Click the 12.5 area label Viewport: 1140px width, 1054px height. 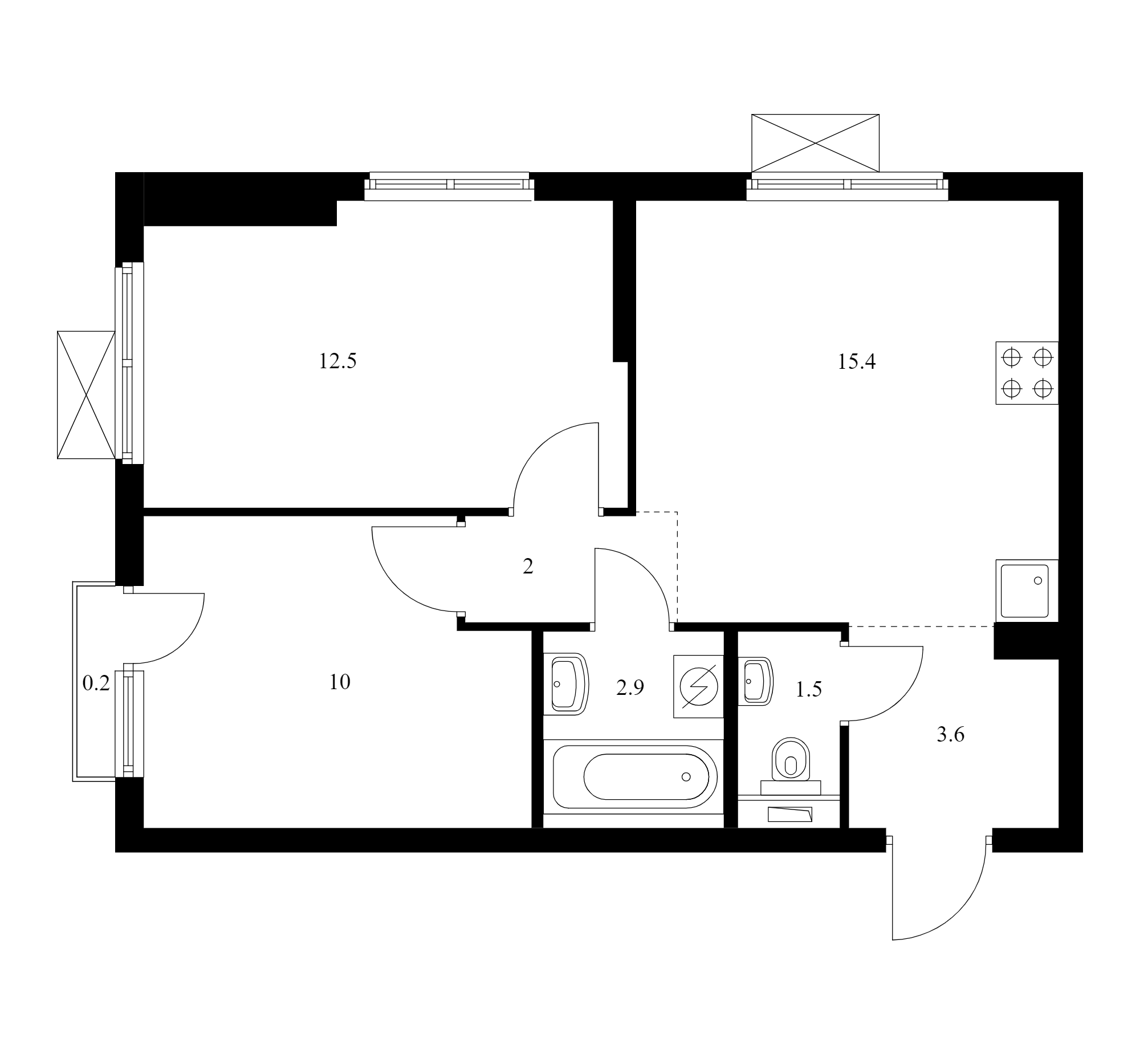point(337,361)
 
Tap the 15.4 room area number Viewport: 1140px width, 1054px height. point(857,361)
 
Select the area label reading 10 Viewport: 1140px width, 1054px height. point(340,682)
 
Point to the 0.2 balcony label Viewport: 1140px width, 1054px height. point(96,683)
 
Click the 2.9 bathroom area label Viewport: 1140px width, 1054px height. point(630,688)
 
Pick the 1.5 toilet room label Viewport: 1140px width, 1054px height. point(809,690)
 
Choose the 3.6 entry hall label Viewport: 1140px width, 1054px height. point(951,735)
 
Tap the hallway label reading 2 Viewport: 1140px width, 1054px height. point(528,567)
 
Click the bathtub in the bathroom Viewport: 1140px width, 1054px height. point(634,777)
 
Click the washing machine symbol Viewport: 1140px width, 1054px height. point(699,686)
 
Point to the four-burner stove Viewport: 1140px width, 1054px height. point(1027,373)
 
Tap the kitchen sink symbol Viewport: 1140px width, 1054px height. point(1027,591)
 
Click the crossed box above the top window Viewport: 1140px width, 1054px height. point(816,143)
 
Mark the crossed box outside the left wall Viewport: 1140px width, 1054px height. point(86,394)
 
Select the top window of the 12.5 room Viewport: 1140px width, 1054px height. point(449,186)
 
